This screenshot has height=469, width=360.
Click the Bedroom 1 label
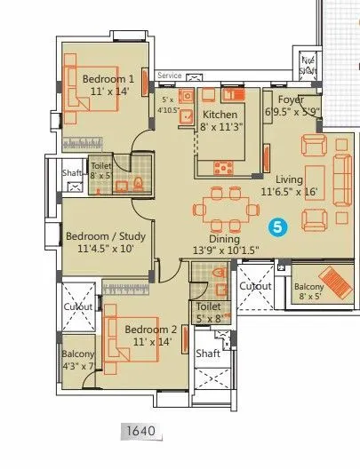pos(108,79)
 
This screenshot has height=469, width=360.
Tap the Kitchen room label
pos(219,115)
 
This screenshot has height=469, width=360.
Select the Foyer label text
pos(290,100)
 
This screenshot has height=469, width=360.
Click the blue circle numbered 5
pos(278,227)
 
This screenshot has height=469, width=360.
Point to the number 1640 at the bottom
pos(140,433)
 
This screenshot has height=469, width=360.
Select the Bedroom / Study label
pos(100,237)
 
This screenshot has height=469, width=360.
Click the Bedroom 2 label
pos(148,329)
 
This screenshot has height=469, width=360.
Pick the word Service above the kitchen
pos(170,76)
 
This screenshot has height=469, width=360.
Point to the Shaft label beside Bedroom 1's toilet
pos(72,174)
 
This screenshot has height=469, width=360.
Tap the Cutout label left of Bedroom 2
pos(77,306)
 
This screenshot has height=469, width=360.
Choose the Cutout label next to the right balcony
pos(256,287)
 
